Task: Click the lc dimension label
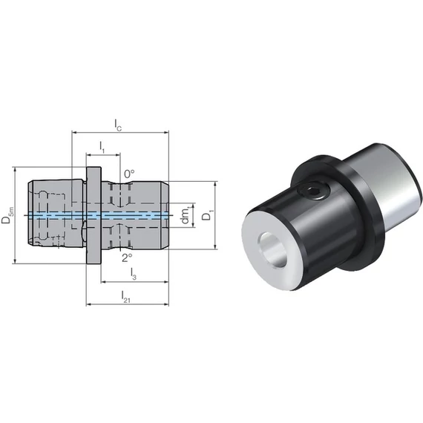pos(118,125)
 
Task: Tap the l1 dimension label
pos(102,147)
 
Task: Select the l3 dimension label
pos(134,274)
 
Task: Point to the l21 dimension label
pos(125,297)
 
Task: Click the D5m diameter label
pos(7,215)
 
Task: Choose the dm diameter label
pos(186,215)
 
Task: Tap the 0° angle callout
pos(129,174)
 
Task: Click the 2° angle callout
pos(127,258)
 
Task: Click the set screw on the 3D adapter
pos(313,192)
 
